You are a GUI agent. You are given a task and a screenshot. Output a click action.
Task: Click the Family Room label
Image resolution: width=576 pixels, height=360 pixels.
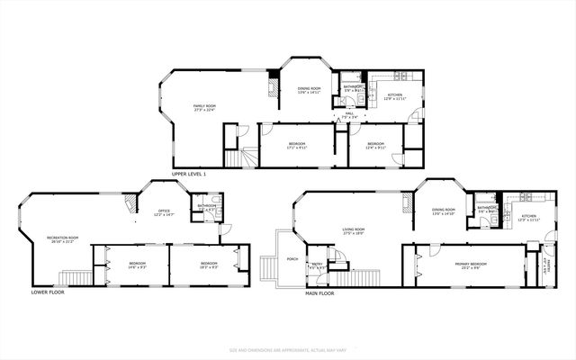pos(204,108)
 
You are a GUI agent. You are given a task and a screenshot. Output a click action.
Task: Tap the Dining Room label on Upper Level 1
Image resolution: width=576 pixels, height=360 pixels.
pos(309,90)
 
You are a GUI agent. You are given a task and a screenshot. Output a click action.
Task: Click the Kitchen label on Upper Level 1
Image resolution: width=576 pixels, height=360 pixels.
pos(395,96)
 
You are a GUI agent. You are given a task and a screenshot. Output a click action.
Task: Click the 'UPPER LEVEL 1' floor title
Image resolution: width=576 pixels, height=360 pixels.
pos(189,173)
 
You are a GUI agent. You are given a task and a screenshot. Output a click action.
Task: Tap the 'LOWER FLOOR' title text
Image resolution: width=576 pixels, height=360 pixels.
pos(48,292)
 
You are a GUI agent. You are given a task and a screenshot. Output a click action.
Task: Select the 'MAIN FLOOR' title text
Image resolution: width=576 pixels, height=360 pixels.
pos(319,293)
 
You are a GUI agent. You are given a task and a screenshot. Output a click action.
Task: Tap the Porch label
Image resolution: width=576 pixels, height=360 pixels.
pos(292,259)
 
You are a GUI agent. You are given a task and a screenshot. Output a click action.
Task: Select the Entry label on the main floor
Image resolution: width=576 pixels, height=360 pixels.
pos(317,266)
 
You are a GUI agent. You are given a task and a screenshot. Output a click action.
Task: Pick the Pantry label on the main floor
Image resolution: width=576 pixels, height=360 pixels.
pos(546,265)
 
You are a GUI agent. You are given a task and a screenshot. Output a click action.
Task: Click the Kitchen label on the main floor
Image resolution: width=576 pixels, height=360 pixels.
pos(528,218)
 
